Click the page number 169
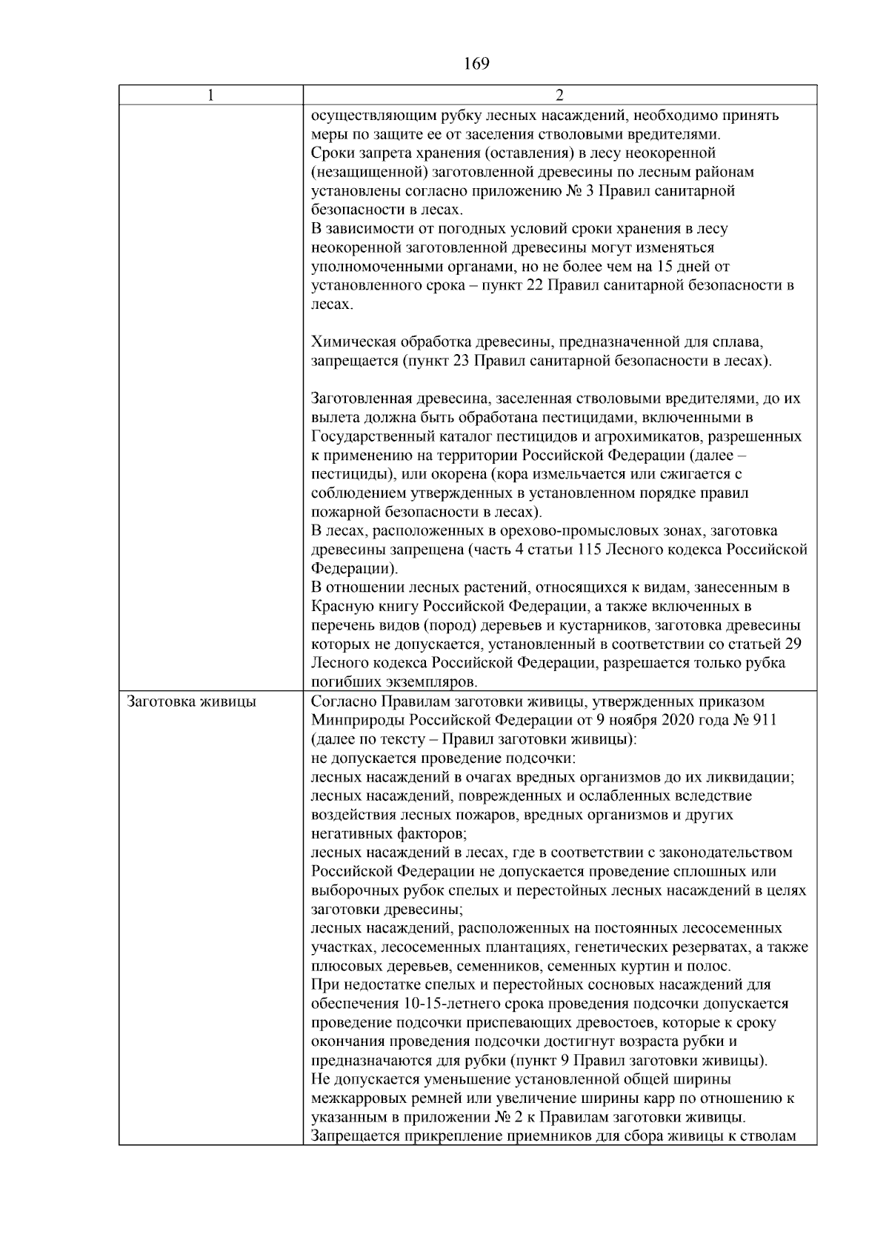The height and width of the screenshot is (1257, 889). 476,64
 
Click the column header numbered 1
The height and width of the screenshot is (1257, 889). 211,96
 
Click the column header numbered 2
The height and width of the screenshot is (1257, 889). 559,96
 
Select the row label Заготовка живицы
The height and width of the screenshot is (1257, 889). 192,701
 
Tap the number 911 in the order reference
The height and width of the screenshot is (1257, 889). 764,720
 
